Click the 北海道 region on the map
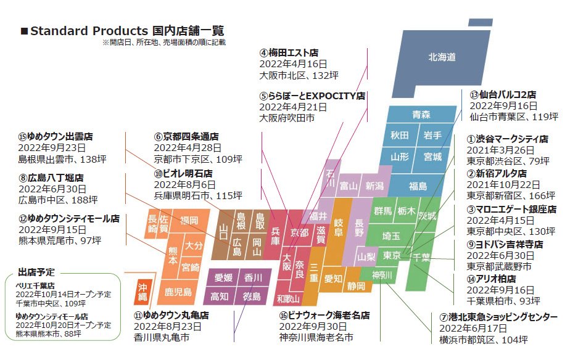(442, 57)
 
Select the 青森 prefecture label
(421, 115)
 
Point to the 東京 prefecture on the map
(392, 255)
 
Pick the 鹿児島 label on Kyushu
(178, 292)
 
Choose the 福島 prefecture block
(418, 186)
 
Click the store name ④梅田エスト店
(289, 53)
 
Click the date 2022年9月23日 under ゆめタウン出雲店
(52, 148)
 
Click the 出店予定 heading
(36, 272)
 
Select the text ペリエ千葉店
(35, 286)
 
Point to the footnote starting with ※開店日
(164, 43)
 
